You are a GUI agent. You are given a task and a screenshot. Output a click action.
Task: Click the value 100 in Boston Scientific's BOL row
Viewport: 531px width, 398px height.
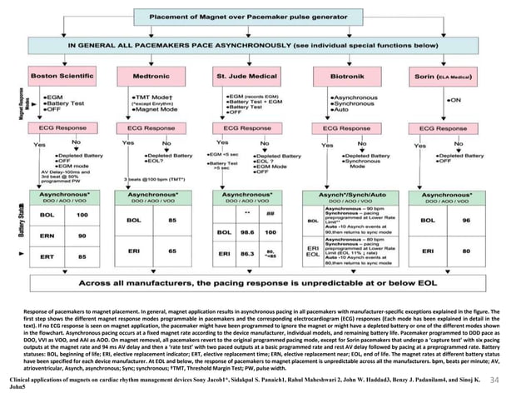tap(82, 215)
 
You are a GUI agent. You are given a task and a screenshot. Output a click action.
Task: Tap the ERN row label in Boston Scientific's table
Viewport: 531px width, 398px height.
tap(47, 236)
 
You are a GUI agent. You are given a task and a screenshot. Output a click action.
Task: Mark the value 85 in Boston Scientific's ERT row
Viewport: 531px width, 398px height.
tap(82, 256)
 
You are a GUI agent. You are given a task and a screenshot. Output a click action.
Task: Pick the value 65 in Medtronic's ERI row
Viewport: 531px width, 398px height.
tap(171, 250)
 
